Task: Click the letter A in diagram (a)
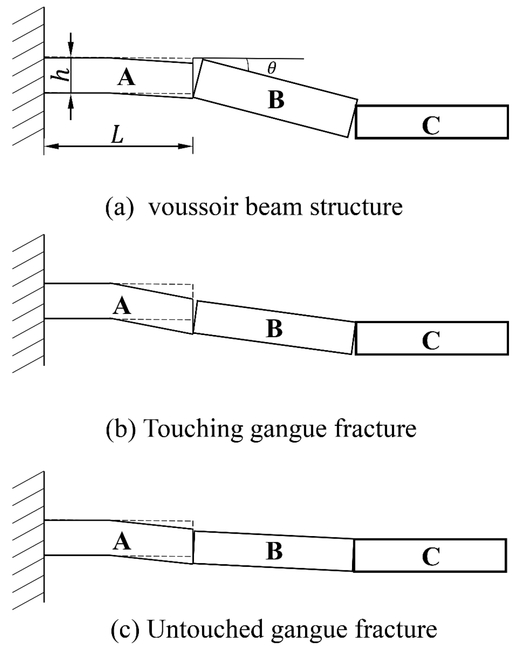coord(126,78)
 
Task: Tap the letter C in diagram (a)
coord(431,126)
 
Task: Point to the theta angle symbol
coord(272,69)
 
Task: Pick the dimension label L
coord(117,135)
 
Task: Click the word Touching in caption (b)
coord(193,428)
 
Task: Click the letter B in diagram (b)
coord(274,329)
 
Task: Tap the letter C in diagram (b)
coord(431,340)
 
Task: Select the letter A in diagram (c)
coord(122,542)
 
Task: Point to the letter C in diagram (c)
coord(431,556)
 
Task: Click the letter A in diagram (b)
coord(122,307)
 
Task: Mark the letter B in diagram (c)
coord(274,551)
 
